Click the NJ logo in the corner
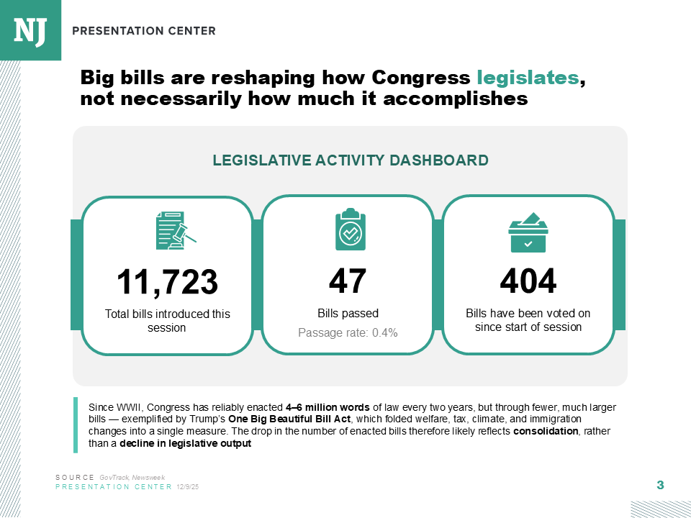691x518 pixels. click(x=30, y=30)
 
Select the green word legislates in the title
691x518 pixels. click(x=528, y=78)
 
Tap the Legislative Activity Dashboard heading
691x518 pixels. click(x=351, y=160)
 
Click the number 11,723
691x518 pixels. click(x=167, y=281)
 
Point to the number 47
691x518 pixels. click(x=348, y=281)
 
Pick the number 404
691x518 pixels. click(x=528, y=281)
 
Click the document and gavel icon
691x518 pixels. click(x=176, y=230)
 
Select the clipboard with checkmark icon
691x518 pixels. click(x=351, y=229)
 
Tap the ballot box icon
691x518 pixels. click(x=528, y=232)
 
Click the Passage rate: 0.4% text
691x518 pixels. click(x=348, y=332)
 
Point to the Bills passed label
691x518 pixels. click(x=348, y=313)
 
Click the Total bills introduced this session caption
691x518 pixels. click(x=167, y=321)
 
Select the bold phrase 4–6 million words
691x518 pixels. click(x=328, y=407)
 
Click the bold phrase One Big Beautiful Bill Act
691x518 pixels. click(x=289, y=419)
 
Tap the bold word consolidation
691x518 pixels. click(x=546, y=431)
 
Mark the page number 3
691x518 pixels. click(x=660, y=485)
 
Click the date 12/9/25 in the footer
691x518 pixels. click(x=188, y=487)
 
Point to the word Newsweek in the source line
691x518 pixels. click(x=148, y=478)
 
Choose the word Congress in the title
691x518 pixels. click(x=421, y=78)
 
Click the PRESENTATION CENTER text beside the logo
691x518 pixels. click(x=144, y=31)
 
